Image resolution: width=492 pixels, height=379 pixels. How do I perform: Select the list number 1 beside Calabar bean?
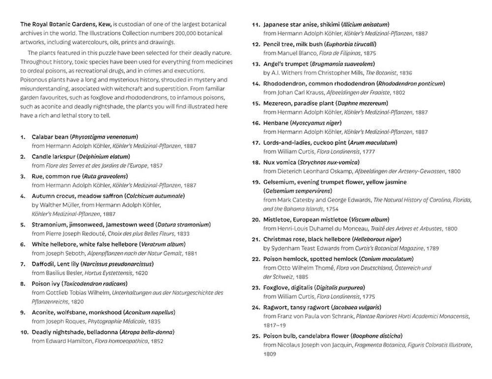click(23, 137)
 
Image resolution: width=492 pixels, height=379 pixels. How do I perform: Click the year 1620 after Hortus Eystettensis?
click(141, 273)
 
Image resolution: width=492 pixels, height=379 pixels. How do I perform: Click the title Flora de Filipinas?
click(335, 53)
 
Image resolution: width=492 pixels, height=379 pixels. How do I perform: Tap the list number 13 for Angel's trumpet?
click(256, 64)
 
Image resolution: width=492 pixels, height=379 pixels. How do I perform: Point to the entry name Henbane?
click(275, 123)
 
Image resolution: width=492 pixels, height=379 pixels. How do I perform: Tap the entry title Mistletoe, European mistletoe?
click(306, 219)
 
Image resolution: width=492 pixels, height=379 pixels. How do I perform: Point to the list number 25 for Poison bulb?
click(256, 336)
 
